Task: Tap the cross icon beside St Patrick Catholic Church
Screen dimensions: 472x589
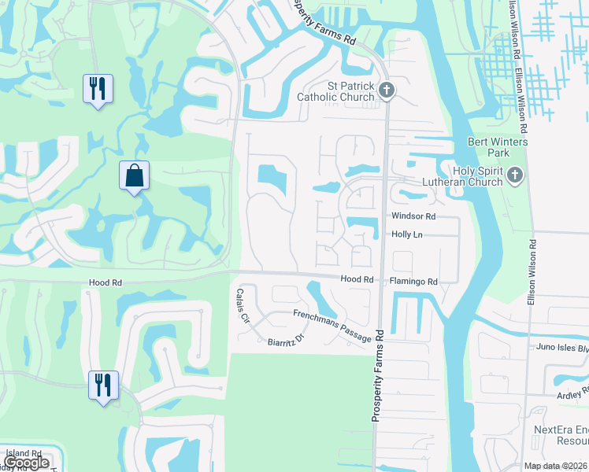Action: click(x=386, y=90)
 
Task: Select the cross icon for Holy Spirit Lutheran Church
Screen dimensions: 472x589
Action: click(x=515, y=175)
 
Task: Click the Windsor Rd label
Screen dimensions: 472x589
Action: click(x=413, y=216)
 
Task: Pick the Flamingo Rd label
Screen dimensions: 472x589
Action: click(x=413, y=281)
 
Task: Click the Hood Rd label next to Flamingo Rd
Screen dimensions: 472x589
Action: click(x=357, y=279)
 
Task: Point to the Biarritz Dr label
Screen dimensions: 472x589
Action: click(x=286, y=341)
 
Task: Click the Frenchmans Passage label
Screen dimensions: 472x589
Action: click(x=332, y=325)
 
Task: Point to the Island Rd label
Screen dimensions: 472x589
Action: click(x=22, y=454)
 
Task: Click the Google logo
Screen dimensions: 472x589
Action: click(x=27, y=463)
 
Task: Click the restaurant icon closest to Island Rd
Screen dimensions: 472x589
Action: click(x=103, y=385)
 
